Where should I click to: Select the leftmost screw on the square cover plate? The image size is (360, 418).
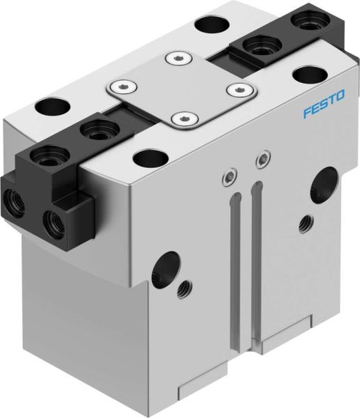[123, 86]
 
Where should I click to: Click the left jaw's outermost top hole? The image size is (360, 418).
[51, 151]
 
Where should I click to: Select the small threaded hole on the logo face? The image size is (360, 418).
[304, 224]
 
